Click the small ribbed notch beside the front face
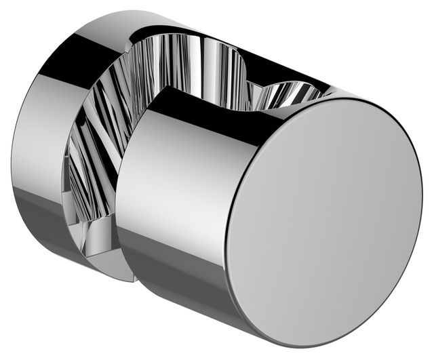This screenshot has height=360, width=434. click(x=288, y=94)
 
